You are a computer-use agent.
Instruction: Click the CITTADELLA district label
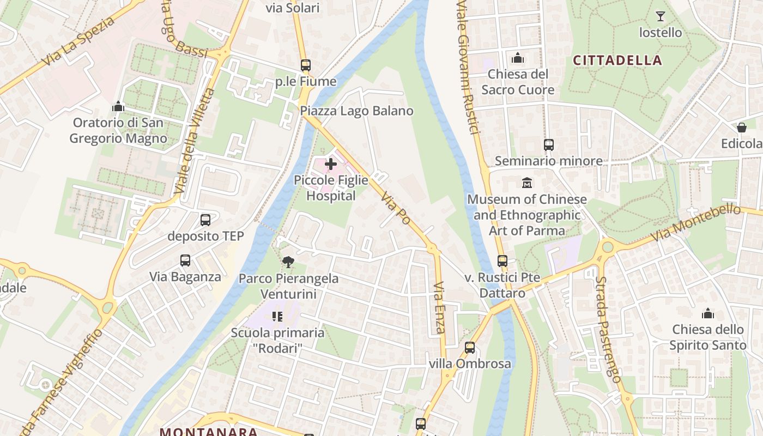point(617,60)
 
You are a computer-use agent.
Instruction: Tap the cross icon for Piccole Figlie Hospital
point(331,163)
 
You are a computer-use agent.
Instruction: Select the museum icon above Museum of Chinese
point(527,183)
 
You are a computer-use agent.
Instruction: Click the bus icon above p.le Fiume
point(306,65)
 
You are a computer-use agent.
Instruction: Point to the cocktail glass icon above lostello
point(661,16)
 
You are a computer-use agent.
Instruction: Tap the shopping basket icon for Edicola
point(742,128)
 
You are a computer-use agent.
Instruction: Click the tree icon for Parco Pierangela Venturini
point(288,262)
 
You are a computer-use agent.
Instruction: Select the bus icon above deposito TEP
point(205,220)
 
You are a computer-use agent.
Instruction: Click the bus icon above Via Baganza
point(185,261)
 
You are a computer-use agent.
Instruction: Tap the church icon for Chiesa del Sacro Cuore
point(517,58)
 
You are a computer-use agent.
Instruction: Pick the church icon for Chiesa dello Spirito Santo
point(708,313)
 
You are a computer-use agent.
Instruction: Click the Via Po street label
point(395,208)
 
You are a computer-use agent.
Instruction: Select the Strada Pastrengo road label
point(608,330)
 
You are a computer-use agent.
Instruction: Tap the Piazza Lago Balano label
point(356,111)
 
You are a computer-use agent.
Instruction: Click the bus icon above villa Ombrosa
point(470,348)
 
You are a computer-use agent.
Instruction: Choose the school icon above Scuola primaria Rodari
point(277,316)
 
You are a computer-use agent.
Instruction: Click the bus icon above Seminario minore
point(549,145)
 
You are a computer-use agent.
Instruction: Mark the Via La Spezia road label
point(78,41)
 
